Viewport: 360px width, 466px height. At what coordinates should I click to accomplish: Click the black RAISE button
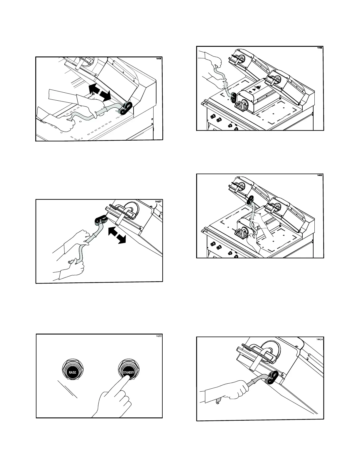72,372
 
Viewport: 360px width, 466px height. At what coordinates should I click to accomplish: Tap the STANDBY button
129,372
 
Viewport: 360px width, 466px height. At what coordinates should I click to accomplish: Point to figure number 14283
159,336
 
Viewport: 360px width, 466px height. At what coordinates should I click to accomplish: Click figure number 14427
158,202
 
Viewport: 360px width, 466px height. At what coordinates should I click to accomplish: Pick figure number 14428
158,59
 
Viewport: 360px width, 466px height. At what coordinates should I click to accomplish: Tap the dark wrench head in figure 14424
272,378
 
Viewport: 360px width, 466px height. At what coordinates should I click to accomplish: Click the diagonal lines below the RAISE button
67,389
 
